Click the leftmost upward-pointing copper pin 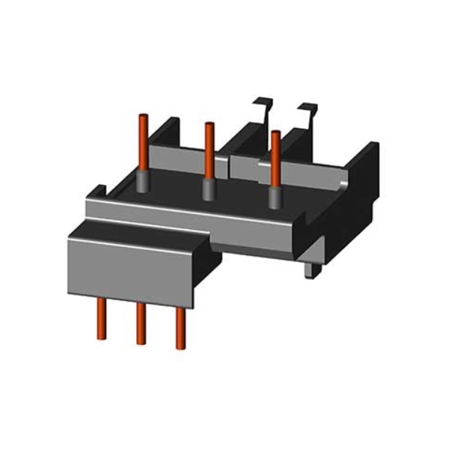[141, 142]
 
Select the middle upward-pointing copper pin [209, 150]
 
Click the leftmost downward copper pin [101, 317]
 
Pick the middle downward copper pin [140, 322]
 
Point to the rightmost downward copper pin [180, 326]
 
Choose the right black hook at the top [307, 112]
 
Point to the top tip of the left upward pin [141, 115]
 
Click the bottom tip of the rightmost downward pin [180, 346]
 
